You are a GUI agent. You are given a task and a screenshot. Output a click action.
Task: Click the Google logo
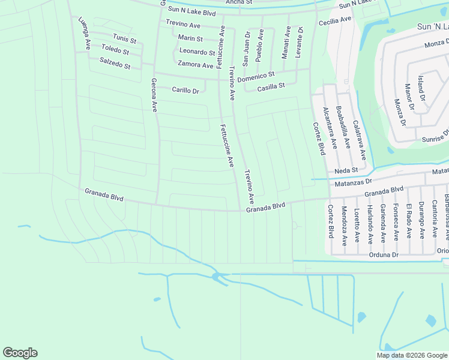point(20,353)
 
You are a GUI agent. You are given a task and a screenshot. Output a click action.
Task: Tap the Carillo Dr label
point(185,91)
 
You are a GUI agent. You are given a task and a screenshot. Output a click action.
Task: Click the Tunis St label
point(124,39)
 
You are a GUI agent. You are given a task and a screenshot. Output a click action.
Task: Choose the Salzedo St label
point(115,64)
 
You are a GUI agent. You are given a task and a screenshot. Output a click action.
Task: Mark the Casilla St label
point(271,87)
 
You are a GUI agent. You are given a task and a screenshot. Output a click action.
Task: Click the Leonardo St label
point(197,52)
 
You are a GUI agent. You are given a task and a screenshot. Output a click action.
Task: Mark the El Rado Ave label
point(408,221)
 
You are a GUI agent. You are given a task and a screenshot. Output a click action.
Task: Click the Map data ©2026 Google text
point(412,355)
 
